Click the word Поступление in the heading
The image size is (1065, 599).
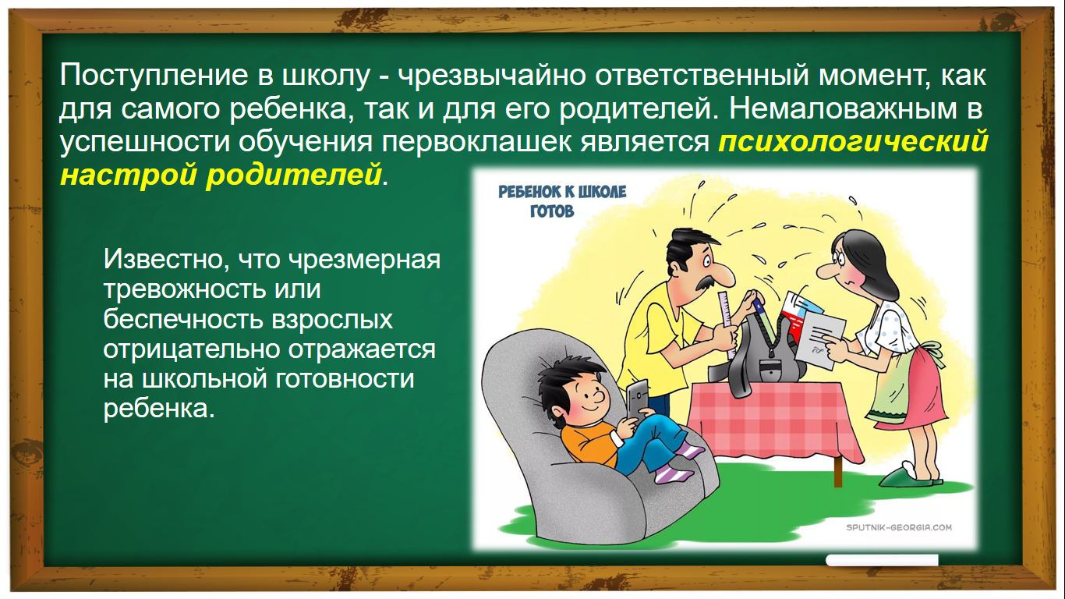(154, 76)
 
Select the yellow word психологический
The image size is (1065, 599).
(854, 142)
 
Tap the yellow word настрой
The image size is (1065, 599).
(129, 175)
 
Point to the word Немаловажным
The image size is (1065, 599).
(843, 108)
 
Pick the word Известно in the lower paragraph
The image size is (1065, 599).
(166, 260)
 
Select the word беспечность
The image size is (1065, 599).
(183, 319)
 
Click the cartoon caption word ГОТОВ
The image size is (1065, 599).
(552, 211)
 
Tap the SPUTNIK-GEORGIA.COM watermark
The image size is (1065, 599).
(899, 527)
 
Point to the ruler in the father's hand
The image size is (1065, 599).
(727, 323)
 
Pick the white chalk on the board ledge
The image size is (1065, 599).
(882, 561)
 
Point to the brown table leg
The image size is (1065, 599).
(838, 471)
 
